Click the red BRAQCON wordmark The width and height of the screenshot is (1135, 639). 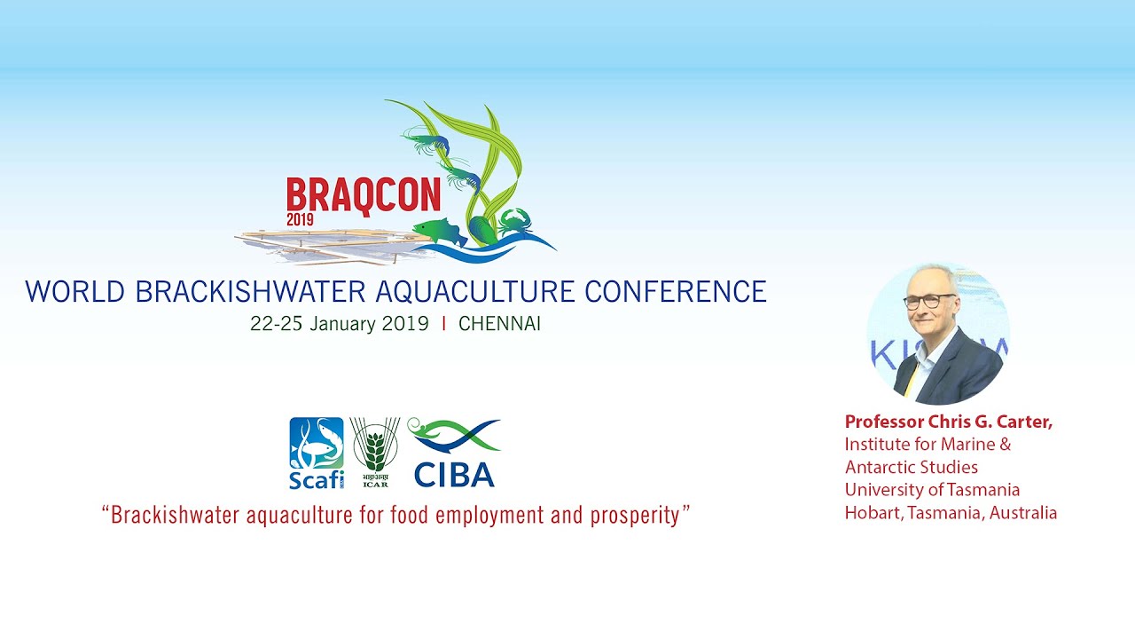coord(364,196)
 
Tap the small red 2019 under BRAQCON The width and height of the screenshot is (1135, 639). coord(300,219)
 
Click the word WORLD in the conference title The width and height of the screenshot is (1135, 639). coord(75,292)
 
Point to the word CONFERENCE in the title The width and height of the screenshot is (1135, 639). coord(676,292)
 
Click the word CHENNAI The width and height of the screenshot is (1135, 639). coord(499,324)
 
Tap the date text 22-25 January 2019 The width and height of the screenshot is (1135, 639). coord(340,324)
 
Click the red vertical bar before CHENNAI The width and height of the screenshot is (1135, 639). coord(444,324)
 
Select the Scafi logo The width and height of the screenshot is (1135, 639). coord(317,453)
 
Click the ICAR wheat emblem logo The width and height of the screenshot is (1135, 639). coord(375,452)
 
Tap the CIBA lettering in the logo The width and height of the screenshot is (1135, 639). coord(454,475)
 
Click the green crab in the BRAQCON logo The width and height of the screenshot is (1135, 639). coord(515,222)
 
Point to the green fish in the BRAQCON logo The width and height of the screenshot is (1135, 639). coord(439,232)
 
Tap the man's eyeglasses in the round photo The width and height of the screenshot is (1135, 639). coord(930,301)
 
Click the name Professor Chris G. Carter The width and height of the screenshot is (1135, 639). coord(949,422)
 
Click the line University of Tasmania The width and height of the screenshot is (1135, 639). coord(932,490)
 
